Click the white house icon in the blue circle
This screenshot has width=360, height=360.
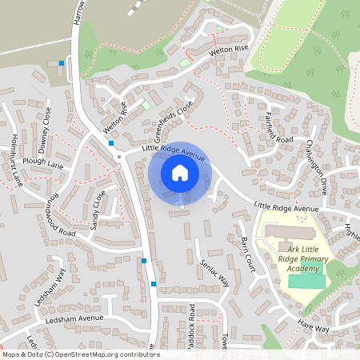click(179, 173)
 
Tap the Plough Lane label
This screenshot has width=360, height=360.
click(42, 162)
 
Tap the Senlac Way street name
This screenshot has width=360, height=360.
click(214, 272)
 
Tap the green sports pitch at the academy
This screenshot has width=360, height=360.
click(306, 281)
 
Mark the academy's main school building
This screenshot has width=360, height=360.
click(289, 233)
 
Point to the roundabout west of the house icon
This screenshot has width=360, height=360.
click(119, 157)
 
